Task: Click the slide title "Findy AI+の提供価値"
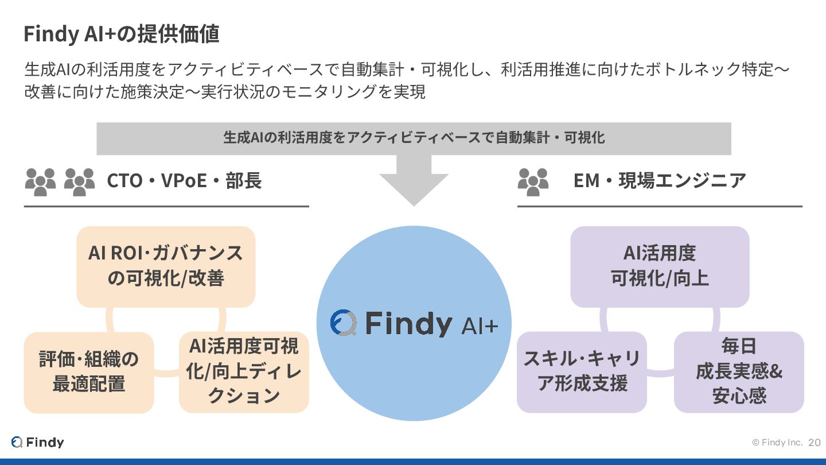121,34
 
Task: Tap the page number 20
815,443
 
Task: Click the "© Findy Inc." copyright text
777,443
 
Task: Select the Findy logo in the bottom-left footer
37,442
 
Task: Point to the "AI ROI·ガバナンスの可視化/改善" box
166,266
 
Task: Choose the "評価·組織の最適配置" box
89,372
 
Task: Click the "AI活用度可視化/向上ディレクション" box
244,371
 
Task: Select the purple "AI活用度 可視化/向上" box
660,266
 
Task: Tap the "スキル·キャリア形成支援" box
582,371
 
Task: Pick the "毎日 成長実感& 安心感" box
739,371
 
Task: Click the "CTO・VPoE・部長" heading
184,181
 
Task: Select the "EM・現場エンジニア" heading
660,181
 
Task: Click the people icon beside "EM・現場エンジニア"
533,181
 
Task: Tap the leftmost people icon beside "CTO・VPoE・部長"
41,181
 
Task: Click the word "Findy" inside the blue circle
408,324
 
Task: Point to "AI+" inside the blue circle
480,326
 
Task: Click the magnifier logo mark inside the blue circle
344,323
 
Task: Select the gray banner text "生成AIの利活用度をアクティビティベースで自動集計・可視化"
414,138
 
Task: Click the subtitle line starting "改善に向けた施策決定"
225,92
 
